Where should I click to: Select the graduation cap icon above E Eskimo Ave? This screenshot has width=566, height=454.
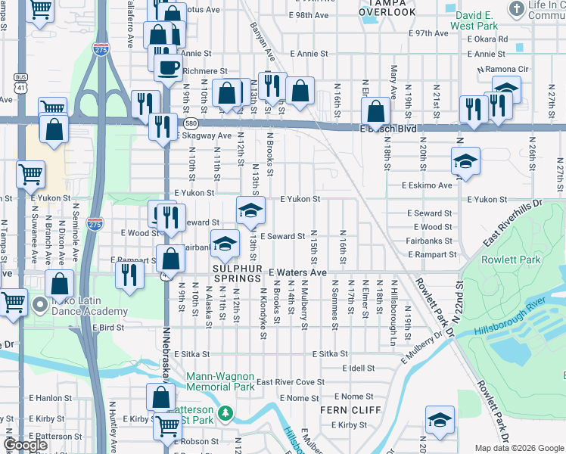465,161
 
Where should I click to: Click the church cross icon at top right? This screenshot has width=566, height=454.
517,10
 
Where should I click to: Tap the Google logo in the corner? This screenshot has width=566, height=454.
26,445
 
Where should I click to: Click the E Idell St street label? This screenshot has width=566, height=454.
358,368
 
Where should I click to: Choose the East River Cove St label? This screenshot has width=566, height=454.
290,383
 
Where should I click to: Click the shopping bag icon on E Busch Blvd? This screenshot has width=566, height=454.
375,113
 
